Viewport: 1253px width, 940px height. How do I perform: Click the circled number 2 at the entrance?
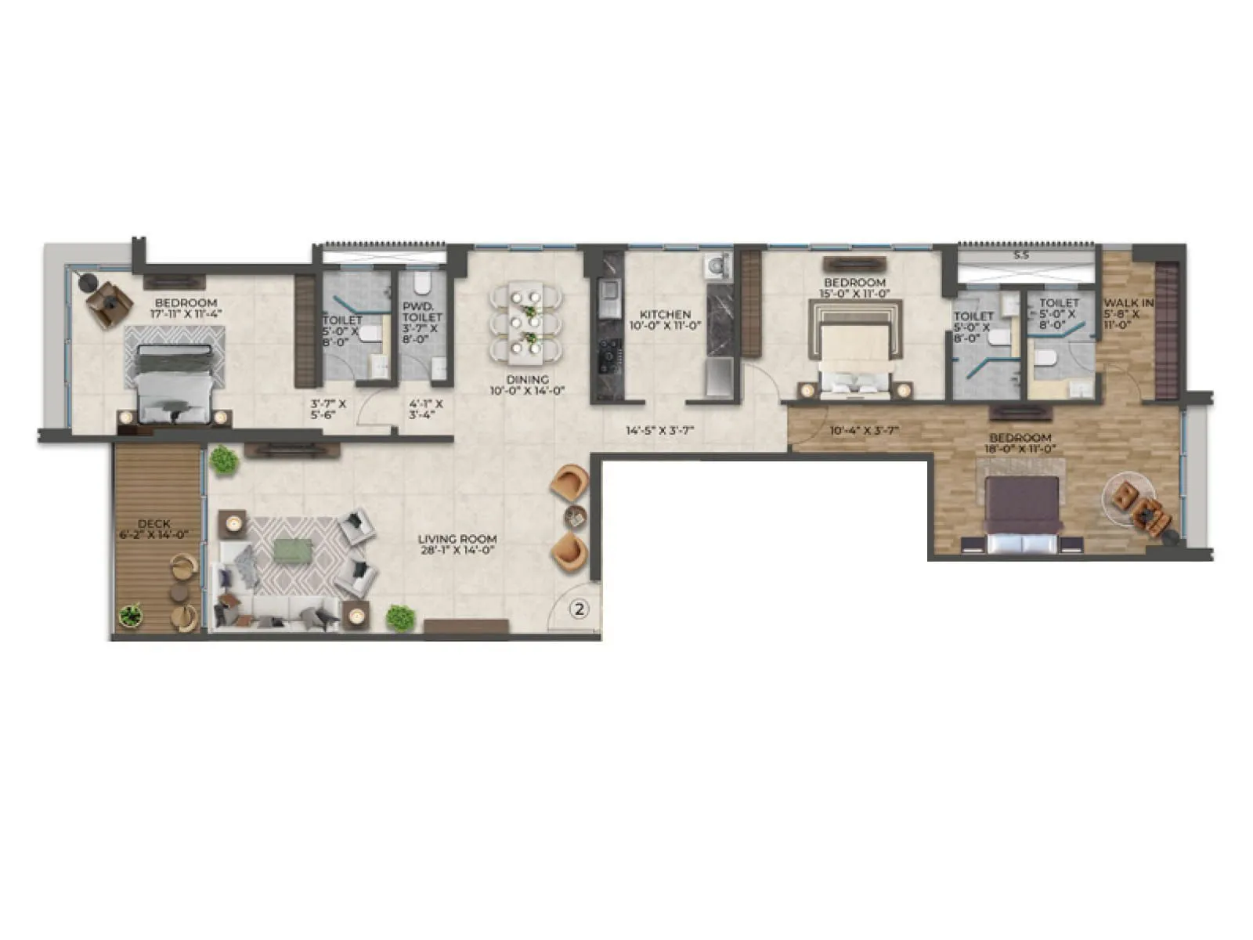click(x=579, y=608)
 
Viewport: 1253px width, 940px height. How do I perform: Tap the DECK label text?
click(x=153, y=524)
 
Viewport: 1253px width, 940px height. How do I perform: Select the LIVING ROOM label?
click(x=457, y=539)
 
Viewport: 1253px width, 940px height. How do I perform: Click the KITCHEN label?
click(x=665, y=314)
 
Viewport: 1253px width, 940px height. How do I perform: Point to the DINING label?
click(x=527, y=380)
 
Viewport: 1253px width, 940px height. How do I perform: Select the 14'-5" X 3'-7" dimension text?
click(x=659, y=430)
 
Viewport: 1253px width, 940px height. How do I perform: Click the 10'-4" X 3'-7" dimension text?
click(x=864, y=430)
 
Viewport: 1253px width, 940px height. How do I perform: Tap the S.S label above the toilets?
click(x=1020, y=255)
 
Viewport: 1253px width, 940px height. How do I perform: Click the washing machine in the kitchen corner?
click(x=716, y=266)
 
